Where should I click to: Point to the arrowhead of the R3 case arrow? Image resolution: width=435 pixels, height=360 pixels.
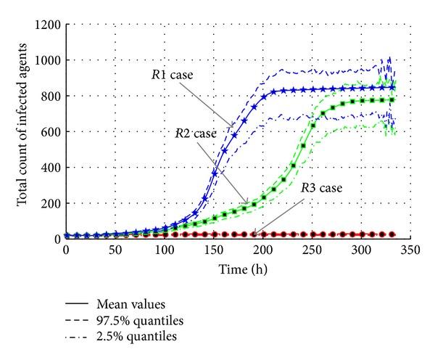(x=250, y=234)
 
